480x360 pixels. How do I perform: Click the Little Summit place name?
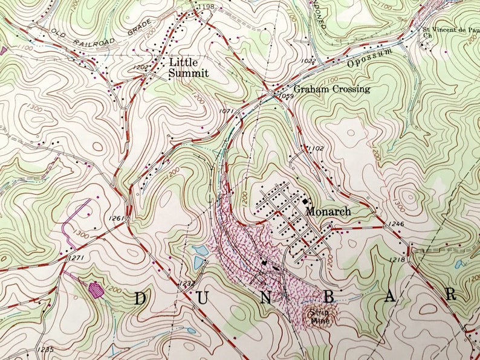click(x=189, y=67)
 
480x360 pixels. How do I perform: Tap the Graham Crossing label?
click(x=332, y=89)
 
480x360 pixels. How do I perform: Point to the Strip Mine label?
click(x=319, y=317)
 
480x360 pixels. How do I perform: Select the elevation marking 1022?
click(x=308, y=60)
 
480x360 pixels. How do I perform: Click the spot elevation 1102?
click(x=316, y=147)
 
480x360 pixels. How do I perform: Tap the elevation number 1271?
click(x=75, y=258)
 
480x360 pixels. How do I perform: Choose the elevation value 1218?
click(x=397, y=259)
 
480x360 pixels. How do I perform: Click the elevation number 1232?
click(x=187, y=283)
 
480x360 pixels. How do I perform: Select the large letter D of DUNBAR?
click(x=140, y=298)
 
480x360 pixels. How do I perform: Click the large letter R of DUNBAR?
click(x=451, y=294)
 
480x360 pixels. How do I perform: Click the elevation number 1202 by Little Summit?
click(x=140, y=67)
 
